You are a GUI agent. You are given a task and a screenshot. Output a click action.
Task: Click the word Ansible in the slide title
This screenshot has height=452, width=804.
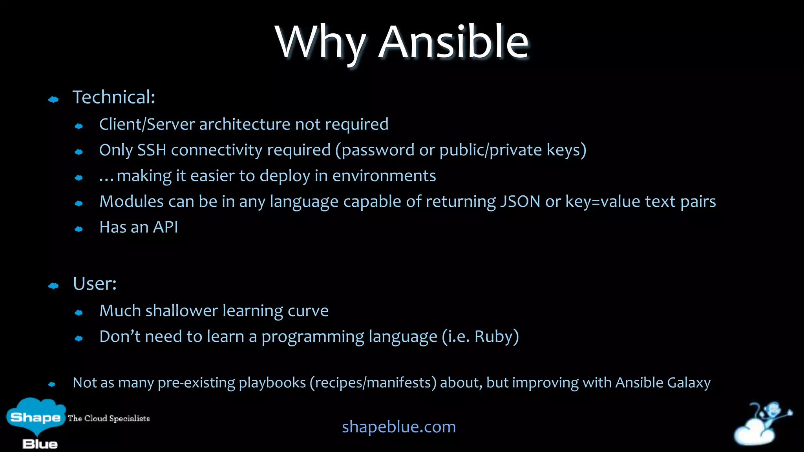point(453,42)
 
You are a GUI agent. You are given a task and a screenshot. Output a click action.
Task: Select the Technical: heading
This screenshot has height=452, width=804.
point(114,97)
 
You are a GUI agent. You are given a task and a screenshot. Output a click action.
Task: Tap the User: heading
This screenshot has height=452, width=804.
point(95,284)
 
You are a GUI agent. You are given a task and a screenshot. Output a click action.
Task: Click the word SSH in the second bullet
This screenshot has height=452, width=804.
point(152,150)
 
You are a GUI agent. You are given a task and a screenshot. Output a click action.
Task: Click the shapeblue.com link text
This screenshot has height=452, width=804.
point(399,427)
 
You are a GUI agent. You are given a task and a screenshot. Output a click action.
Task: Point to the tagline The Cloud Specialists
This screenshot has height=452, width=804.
point(109,418)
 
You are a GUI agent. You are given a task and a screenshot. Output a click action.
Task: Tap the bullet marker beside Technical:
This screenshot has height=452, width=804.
point(53,100)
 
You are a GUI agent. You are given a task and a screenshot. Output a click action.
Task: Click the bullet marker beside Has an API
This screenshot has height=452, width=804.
point(79,229)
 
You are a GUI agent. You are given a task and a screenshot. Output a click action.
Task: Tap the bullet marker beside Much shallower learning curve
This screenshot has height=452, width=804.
point(79,313)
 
